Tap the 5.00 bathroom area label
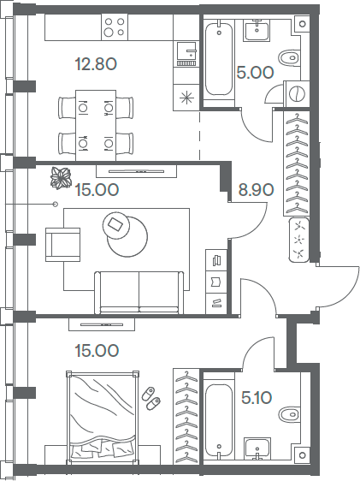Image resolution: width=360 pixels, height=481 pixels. click(x=255, y=73)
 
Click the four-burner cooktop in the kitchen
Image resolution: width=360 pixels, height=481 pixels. click(x=113, y=28)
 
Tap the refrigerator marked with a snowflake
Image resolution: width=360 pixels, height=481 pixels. click(x=186, y=97)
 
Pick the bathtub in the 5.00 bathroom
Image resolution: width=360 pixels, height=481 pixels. click(x=220, y=60)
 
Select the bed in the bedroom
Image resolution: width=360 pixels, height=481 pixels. click(x=103, y=414)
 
